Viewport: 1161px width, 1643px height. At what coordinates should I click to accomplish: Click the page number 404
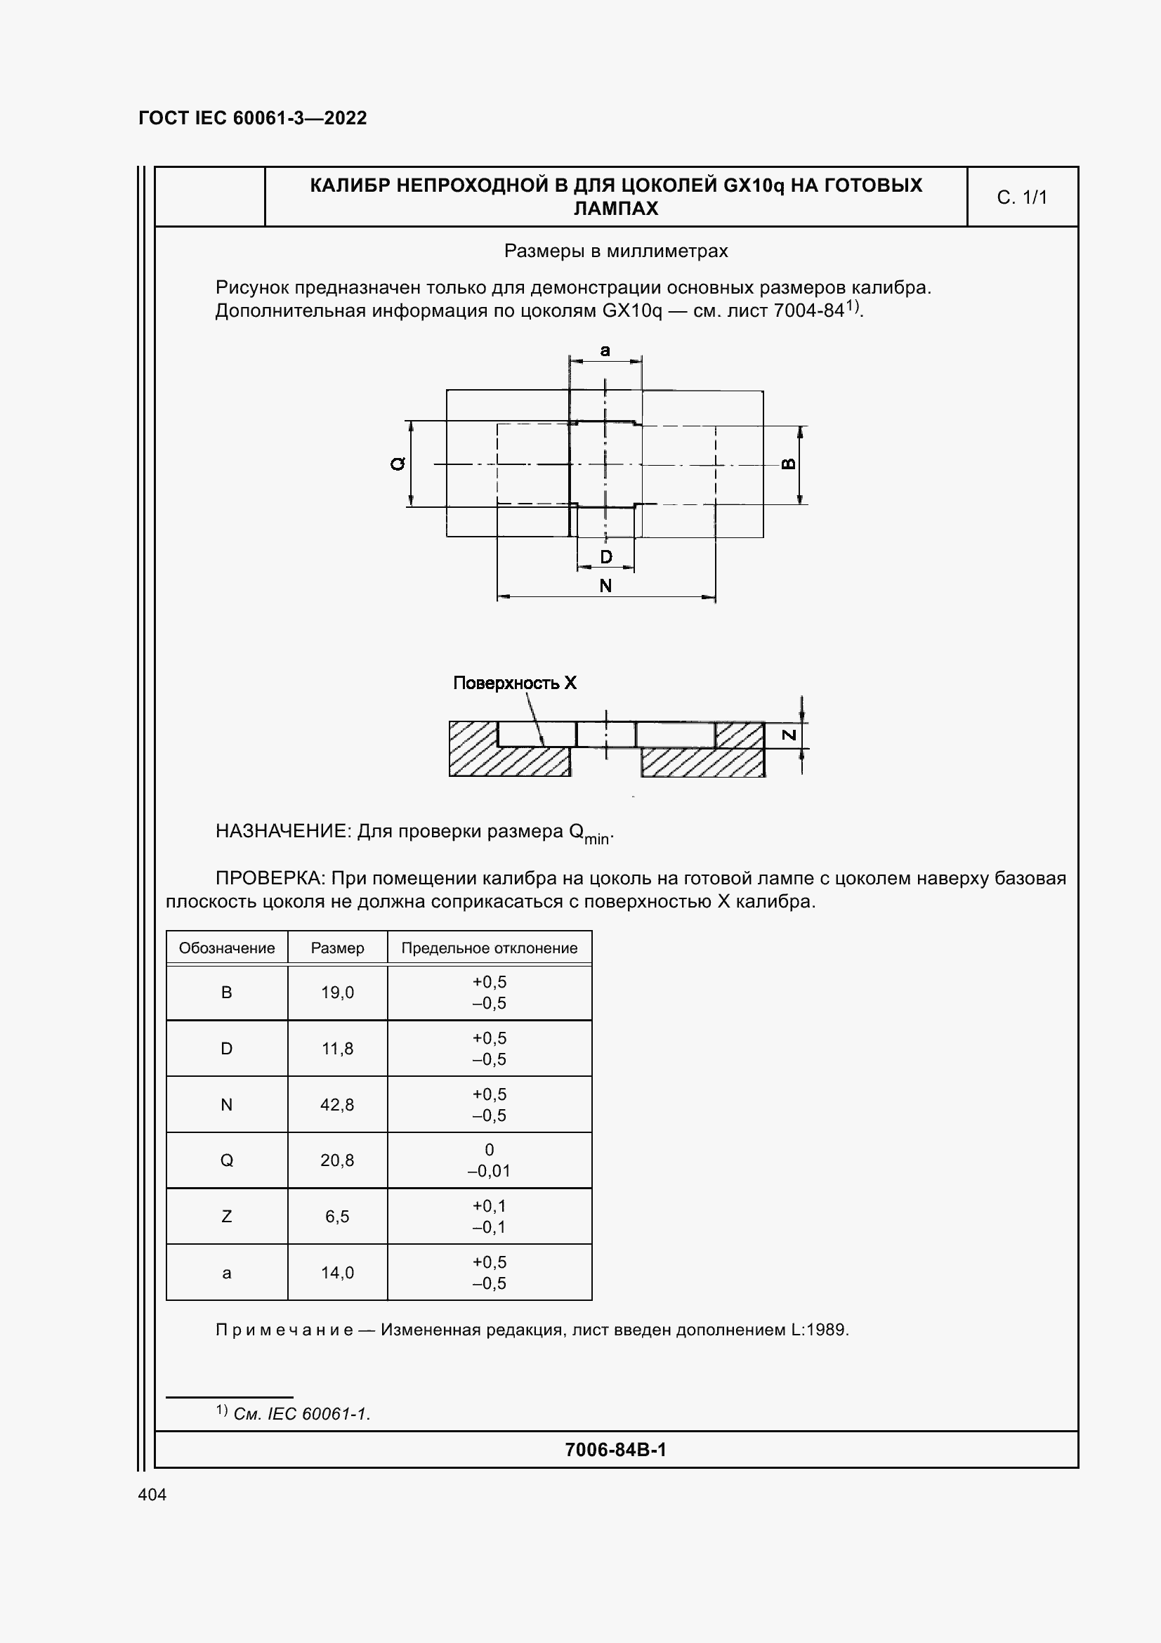(x=152, y=1494)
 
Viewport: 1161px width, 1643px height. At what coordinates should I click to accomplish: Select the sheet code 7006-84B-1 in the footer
(x=615, y=1450)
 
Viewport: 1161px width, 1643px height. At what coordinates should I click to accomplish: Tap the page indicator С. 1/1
(x=1021, y=197)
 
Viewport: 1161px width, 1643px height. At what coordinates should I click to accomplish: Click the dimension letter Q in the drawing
(x=398, y=464)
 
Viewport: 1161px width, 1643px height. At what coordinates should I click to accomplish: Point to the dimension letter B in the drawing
(x=788, y=464)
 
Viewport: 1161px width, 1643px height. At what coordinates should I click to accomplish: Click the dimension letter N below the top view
(x=605, y=586)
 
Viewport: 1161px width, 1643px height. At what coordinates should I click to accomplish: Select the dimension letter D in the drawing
(x=606, y=557)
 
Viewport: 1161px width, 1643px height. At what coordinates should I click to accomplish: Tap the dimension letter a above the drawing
(x=605, y=351)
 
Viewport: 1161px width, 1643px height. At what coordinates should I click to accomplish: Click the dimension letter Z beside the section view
(x=788, y=735)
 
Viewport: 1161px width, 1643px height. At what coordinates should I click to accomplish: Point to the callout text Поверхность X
(x=514, y=683)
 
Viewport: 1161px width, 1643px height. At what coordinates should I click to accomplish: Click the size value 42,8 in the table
(x=337, y=1105)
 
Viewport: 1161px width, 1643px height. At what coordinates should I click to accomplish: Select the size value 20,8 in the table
(x=337, y=1160)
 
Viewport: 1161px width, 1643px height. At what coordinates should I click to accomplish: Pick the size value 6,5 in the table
(x=337, y=1217)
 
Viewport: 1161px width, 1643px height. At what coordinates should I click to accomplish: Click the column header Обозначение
(x=227, y=948)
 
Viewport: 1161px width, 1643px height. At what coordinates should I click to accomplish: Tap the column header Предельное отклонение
(x=490, y=948)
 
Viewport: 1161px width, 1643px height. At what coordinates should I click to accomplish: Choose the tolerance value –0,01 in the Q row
(x=490, y=1172)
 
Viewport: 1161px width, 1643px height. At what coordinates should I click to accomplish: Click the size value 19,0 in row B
(x=337, y=993)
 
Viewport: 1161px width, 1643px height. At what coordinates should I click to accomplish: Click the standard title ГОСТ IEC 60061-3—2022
(x=253, y=118)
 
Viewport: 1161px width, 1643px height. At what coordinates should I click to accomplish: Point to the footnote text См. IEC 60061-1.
(x=301, y=1414)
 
